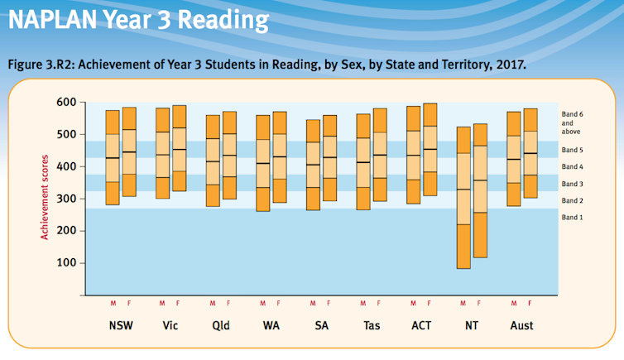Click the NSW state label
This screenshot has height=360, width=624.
[x=121, y=325]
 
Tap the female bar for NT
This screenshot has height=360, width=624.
[x=479, y=190]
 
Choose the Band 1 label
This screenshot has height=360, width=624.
[x=572, y=217]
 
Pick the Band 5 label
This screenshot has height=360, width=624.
[x=572, y=150]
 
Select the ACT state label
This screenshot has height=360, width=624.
[x=420, y=325]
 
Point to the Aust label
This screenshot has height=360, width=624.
[x=521, y=325]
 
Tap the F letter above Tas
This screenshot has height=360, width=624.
[x=379, y=303]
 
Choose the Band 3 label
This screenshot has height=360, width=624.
[x=572, y=184]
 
